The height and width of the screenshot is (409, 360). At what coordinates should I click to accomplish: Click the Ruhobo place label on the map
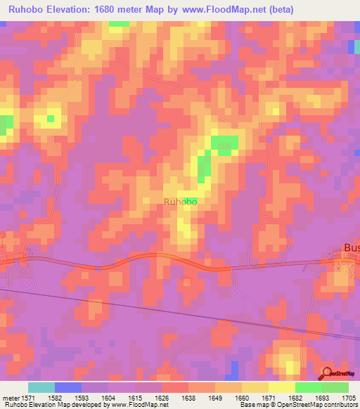[180, 202]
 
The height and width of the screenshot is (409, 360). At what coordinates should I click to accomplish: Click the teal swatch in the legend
[41, 387]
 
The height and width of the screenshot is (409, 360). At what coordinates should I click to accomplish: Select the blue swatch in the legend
[68, 387]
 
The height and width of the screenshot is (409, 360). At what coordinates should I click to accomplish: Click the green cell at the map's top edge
[118, 23]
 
